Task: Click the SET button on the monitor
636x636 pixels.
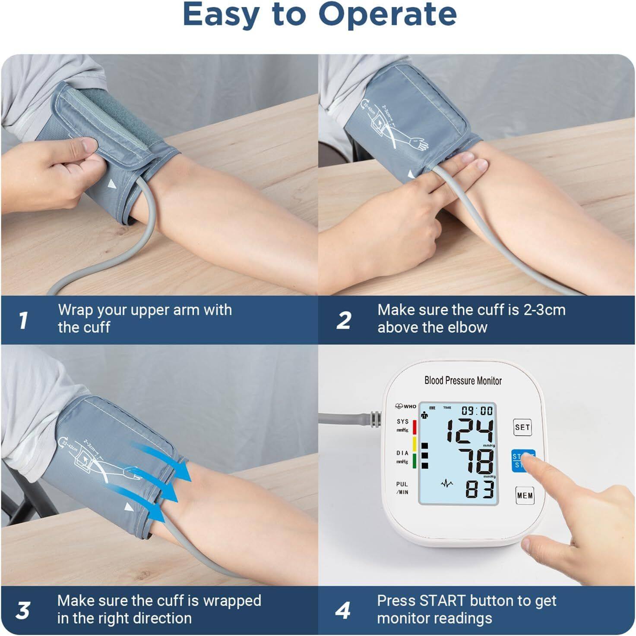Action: tap(522, 427)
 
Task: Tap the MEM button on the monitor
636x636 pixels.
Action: tap(525, 495)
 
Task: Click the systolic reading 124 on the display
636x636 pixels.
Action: tap(469, 431)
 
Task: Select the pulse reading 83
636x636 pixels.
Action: tap(479, 489)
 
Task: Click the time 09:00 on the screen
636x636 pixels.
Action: tap(477, 410)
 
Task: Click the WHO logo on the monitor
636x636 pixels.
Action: tap(406, 406)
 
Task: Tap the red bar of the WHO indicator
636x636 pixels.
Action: tap(415, 427)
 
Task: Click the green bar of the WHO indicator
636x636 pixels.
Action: tap(415, 461)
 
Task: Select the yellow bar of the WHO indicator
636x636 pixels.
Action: tap(415, 444)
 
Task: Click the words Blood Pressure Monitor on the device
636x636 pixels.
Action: tap(463, 381)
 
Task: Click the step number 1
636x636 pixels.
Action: tap(23, 320)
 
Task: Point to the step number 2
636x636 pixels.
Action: tap(344, 320)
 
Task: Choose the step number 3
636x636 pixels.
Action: tap(23, 611)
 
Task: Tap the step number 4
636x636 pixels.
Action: tap(343, 611)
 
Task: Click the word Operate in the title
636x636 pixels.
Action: tap(387, 15)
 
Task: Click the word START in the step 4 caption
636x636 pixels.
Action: tap(443, 601)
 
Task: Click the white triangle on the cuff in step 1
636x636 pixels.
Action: tap(112, 185)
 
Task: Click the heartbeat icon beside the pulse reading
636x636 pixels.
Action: tap(447, 483)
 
